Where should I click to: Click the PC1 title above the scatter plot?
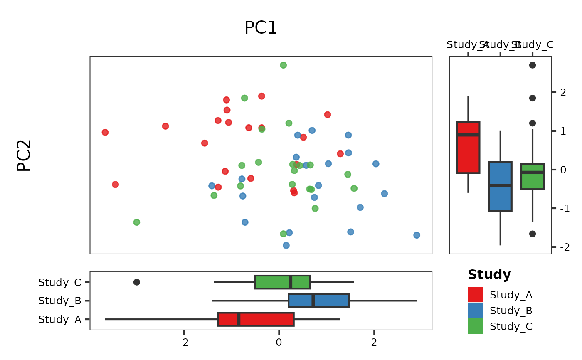click(x=261, y=28)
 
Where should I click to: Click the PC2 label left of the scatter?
click(x=24, y=155)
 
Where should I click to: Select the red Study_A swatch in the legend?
click(x=476, y=295)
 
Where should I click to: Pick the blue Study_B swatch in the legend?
click(x=476, y=311)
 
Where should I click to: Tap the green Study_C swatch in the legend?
click(x=476, y=326)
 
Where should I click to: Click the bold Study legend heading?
click(x=489, y=275)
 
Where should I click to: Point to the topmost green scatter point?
click(x=284, y=65)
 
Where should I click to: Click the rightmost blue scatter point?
click(x=417, y=235)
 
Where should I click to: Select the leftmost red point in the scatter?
click(x=105, y=132)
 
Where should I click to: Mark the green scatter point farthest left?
click(x=137, y=222)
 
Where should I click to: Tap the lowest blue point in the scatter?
click(x=286, y=245)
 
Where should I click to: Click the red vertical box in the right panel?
click(x=468, y=148)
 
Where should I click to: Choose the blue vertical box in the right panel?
click(x=500, y=187)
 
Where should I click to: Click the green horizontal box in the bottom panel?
click(x=282, y=282)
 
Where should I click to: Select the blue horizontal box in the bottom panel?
click(x=319, y=301)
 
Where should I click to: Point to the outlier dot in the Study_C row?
click(x=137, y=282)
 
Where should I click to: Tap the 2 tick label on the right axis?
click(x=563, y=92)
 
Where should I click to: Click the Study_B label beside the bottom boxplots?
click(x=59, y=301)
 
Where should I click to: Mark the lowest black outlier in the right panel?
click(x=533, y=234)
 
